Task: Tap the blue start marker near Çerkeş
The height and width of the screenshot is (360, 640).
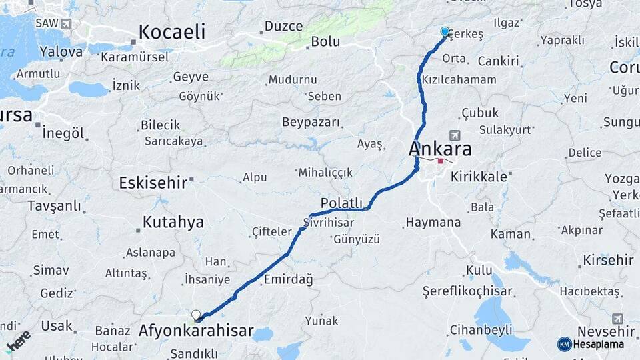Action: coord(445,31)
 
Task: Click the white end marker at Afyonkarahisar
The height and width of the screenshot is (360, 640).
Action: coord(196,315)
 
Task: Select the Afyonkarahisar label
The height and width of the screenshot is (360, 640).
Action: coord(196,331)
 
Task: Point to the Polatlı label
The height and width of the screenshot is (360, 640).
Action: coord(341,203)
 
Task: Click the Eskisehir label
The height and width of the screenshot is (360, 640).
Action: coord(153,182)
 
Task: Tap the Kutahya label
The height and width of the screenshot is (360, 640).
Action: coord(172,223)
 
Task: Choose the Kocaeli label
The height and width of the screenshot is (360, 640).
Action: coord(172,32)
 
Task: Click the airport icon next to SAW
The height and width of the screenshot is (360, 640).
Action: coord(65,24)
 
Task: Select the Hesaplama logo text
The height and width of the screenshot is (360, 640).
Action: coord(598,344)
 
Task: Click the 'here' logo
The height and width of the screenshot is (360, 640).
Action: coord(17,341)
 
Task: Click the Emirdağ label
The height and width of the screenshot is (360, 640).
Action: coord(289,279)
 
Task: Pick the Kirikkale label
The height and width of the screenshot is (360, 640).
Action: coord(479,177)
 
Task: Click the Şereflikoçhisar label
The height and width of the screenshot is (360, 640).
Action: coord(468,291)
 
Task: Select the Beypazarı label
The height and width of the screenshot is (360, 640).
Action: coord(311,123)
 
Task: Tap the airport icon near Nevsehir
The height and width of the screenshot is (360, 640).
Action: coord(617,319)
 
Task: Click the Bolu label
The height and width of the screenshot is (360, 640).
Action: coord(325,41)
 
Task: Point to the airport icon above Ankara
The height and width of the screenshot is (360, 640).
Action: coord(455,135)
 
